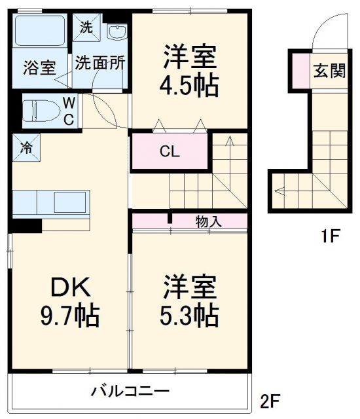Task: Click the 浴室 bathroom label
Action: [x=39, y=67]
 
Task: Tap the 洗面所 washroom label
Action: [x=99, y=64]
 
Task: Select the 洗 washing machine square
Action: [x=85, y=27]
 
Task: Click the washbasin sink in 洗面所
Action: [x=116, y=33]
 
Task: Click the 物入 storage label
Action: [x=208, y=221]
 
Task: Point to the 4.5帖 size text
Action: [x=190, y=86]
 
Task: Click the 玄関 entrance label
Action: [x=328, y=71]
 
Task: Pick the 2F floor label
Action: [x=274, y=399]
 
